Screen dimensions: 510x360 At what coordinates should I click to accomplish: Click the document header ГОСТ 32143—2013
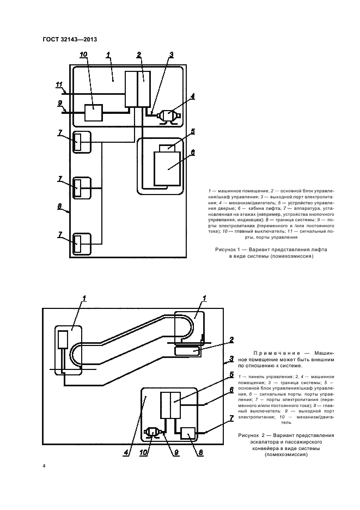(x=69, y=39)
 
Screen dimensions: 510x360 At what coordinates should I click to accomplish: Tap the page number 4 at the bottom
(x=44, y=466)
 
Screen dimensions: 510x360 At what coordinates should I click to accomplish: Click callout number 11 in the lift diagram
(x=59, y=84)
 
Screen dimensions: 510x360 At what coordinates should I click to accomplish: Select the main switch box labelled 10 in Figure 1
(x=93, y=113)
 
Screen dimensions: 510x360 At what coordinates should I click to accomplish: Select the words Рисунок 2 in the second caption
(x=254, y=436)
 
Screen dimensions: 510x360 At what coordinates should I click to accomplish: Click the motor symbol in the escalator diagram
(x=152, y=433)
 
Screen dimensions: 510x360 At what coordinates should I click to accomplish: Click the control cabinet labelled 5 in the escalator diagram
(x=170, y=405)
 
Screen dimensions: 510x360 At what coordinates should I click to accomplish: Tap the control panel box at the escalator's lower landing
(x=63, y=339)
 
